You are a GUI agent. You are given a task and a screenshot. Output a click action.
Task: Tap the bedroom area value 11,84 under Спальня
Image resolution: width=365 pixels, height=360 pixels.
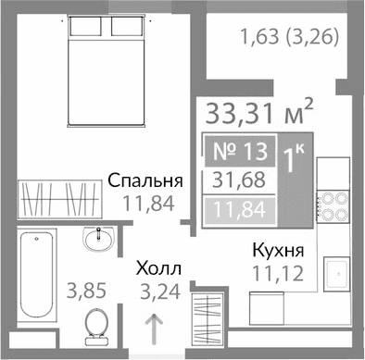click(144, 205)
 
